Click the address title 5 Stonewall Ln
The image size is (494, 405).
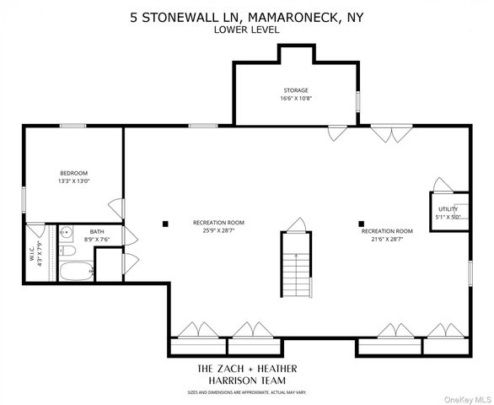[x=246, y=16]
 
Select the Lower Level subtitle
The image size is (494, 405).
[x=246, y=30]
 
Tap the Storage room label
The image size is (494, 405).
[x=294, y=89]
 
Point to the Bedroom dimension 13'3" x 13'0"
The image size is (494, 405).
[x=74, y=181]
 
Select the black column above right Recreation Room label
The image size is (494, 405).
[x=362, y=224]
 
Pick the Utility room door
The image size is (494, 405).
[x=439, y=185]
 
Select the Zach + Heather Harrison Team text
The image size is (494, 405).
[x=246, y=375]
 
